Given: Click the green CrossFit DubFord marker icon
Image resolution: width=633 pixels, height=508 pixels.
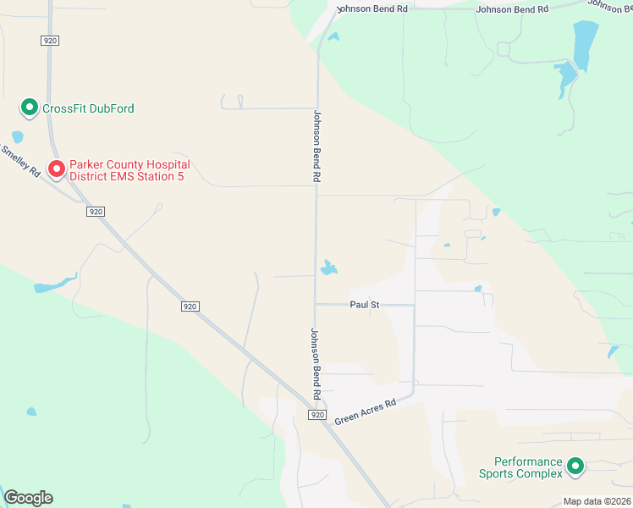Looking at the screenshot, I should [x=29, y=108].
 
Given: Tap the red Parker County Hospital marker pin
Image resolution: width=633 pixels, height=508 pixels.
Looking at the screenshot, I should [x=57, y=168].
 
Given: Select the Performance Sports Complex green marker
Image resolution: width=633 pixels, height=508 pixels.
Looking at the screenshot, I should [x=575, y=466].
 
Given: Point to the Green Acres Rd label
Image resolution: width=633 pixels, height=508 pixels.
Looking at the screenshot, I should [x=365, y=412].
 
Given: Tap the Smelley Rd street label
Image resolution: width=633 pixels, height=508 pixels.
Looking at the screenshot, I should [x=20, y=160].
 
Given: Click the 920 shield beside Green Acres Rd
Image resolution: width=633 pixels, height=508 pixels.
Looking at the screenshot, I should [x=317, y=415].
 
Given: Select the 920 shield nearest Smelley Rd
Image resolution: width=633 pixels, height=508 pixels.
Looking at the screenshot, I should [x=96, y=212].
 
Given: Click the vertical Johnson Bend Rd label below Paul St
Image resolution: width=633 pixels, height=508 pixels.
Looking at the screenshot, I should [x=315, y=365].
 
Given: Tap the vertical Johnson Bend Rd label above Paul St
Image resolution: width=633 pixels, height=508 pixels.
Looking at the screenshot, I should [x=317, y=146].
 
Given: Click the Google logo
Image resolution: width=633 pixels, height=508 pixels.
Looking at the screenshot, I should [x=28, y=498].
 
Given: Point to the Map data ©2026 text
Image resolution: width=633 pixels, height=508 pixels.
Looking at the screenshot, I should [x=597, y=501].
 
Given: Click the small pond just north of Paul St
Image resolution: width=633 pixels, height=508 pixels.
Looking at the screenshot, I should [x=328, y=268].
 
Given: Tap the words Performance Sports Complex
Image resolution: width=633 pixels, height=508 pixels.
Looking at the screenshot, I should [x=528, y=467].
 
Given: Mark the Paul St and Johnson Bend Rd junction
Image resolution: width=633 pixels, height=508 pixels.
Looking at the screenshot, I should [x=316, y=304].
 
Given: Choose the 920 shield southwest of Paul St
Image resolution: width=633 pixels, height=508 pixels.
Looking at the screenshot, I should [x=190, y=306].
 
